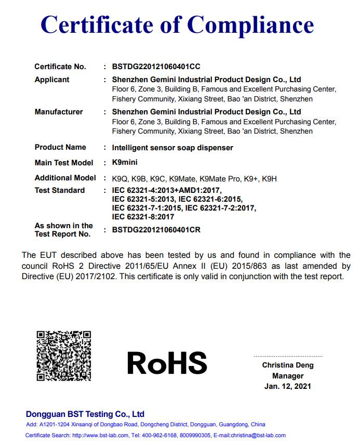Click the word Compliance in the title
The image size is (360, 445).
pos(251,24)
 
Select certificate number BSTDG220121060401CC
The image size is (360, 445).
pos(156,67)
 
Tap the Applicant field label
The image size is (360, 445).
pos(52,80)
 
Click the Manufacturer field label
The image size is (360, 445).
pos(59,112)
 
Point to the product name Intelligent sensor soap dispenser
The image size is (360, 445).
pos(172,148)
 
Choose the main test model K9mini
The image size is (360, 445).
pos(125,163)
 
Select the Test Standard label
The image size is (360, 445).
pos(60,190)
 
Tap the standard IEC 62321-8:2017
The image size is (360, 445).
pos(143,217)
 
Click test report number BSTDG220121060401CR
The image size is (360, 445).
pos(156,230)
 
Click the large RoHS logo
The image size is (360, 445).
pos(167,363)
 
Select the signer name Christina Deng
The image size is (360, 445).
pos(288,365)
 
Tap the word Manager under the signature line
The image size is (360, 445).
pos(288,376)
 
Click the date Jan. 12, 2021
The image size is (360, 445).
pos(288,386)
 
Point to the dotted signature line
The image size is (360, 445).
pos(288,357)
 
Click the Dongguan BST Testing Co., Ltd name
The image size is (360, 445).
pos(85,414)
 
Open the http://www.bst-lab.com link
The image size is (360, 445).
pos(99,436)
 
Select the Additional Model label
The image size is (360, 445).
pos(65,178)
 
